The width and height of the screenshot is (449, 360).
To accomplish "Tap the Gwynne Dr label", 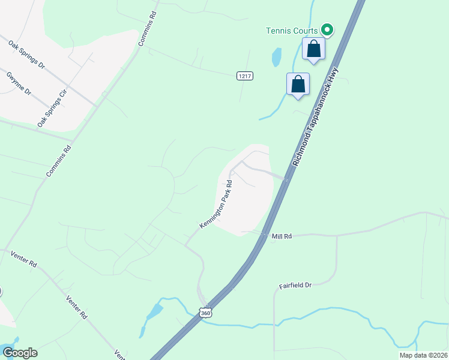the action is [19, 83].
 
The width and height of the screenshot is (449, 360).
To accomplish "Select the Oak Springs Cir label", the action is [50, 109].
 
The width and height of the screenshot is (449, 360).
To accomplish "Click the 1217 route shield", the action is [244, 76].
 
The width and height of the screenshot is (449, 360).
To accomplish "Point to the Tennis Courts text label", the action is [292, 30].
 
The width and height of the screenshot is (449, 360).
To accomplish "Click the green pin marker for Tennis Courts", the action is [327, 29].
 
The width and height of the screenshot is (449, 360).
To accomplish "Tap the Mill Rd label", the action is [281, 237].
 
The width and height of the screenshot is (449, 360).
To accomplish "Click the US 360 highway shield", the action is [206, 313].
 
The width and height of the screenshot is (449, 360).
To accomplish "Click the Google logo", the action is [19, 353].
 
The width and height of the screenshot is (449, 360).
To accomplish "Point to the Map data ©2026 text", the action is [423, 355].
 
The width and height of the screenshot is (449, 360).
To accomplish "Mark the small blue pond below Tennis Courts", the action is [276, 57].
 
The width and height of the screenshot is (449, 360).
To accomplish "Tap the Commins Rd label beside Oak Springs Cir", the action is [58, 160].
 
